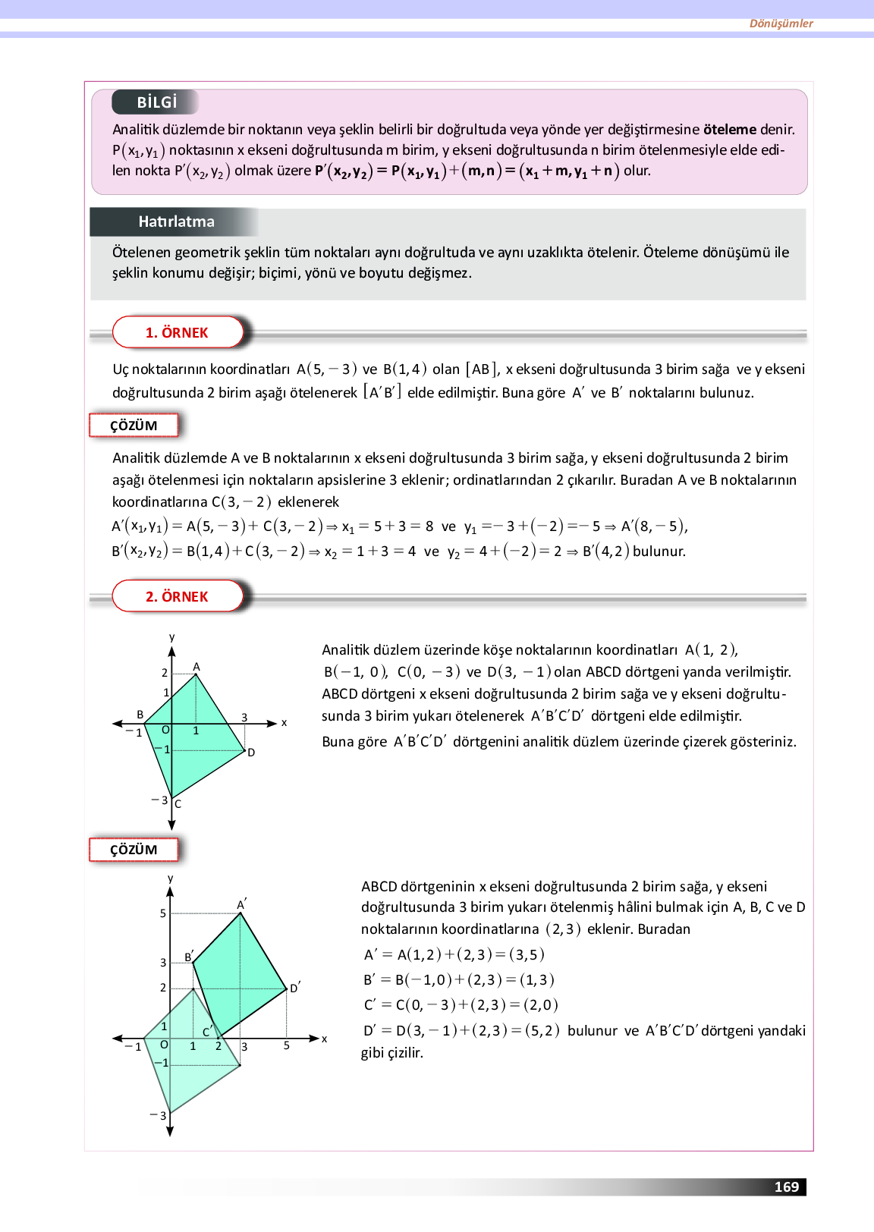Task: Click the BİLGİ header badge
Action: pos(156,102)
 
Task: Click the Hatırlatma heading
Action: pos(176,222)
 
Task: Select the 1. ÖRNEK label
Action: pos(177,332)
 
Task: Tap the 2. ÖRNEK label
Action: pos(177,596)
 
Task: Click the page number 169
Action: pos(786,1187)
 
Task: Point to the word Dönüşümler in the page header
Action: pos(781,24)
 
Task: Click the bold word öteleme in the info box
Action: pos(729,130)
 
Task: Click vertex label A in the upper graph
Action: pos(196,667)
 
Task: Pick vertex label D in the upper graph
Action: pos(251,753)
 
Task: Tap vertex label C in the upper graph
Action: pos(178,804)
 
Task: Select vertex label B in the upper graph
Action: pos(140,715)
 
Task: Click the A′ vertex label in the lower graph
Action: pos(241,904)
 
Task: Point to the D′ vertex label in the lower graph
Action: pos(295,988)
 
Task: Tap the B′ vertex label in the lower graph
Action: pos(189,957)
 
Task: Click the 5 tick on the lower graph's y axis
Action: pos(162,913)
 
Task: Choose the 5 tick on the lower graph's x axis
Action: pos(287,1045)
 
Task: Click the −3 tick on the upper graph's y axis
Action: pos(159,800)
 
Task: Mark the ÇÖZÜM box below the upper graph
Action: pos(134,850)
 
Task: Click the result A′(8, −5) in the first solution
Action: pos(654,526)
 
